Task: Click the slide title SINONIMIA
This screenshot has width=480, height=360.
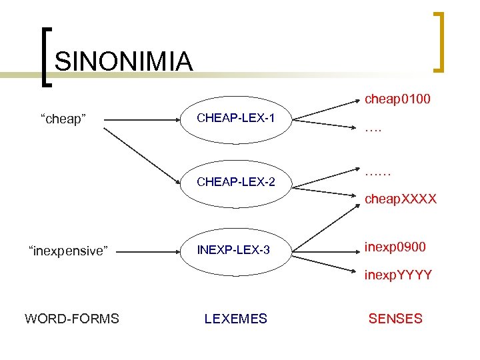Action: tap(124, 61)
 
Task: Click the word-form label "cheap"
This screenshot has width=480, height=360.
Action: tap(63, 119)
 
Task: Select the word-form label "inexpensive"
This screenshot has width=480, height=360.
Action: tap(67, 251)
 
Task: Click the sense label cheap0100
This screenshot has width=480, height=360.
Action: tap(397, 99)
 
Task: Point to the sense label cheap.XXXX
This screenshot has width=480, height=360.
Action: tap(400, 199)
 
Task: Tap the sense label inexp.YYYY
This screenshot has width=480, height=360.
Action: tap(399, 275)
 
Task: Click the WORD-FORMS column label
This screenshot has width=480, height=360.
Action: tap(72, 319)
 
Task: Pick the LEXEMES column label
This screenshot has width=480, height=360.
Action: tap(235, 319)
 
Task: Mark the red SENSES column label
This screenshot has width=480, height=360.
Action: tap(395, 319)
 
